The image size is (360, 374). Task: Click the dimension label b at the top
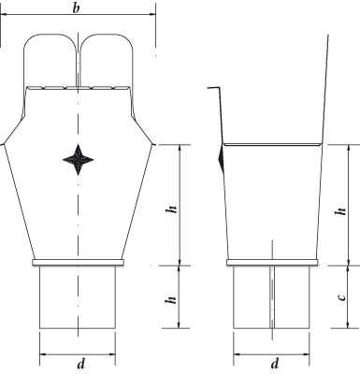(76, 8)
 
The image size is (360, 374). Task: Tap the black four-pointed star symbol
(78, 160)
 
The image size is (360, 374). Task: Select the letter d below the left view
(80, 364)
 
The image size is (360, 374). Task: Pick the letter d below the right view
(275, 364)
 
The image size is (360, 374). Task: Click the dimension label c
(342, 296)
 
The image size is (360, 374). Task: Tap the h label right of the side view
(340, 211)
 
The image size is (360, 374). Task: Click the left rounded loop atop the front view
(50, 33)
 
